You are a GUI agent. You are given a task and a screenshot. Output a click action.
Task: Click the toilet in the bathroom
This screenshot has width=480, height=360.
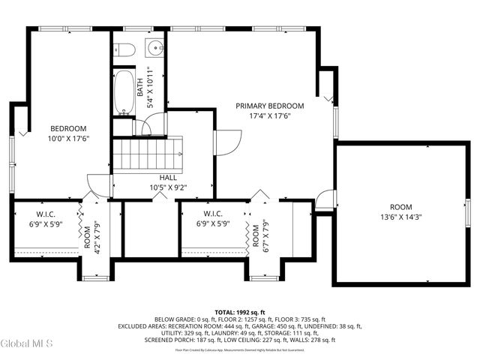tap(124, 51)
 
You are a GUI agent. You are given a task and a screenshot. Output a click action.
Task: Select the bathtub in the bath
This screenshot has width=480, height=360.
tap(123, 91)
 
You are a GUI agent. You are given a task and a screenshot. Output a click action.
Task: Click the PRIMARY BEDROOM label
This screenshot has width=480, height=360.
tap(270, 106)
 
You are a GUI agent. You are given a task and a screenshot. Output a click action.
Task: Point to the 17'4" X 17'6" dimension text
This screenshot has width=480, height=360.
tap(270, 116)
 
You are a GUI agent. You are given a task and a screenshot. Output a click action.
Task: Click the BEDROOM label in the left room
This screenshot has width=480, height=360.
tap(68, 128)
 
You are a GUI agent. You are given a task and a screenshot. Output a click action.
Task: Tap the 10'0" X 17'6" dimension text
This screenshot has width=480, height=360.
tap(68, 139)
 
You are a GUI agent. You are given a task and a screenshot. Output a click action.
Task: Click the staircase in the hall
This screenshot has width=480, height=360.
tap(148, 153)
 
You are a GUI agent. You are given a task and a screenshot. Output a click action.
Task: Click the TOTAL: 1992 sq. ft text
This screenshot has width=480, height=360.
tap(240, 311)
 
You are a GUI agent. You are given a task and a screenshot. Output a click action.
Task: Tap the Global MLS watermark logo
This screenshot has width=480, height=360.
tap(27, 344)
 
